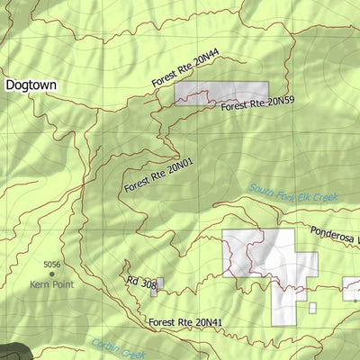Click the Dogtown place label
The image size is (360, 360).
point(31,85)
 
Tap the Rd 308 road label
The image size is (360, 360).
point(141,283)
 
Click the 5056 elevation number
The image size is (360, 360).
point(51,265)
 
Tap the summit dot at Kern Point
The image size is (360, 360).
point(51,274)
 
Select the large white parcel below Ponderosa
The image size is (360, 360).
point(270,261)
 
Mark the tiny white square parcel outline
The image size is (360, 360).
point(312,308)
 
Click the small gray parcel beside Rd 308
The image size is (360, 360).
point(158,286)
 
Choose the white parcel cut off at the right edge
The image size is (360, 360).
point(351,289)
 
